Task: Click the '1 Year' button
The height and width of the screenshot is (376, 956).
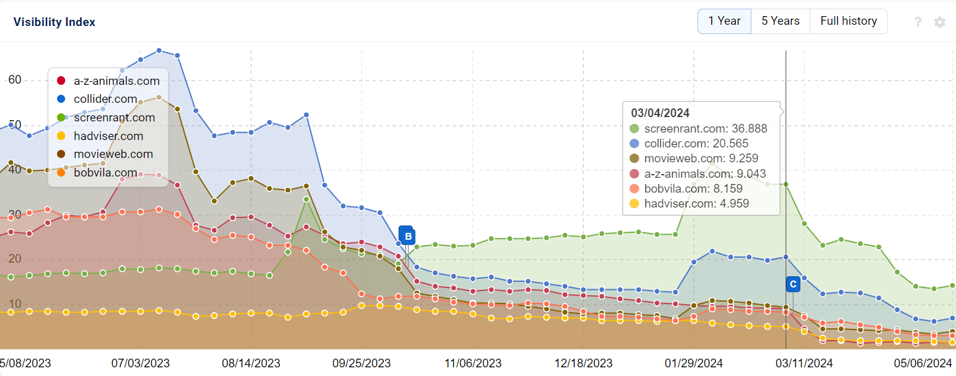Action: point(724,21)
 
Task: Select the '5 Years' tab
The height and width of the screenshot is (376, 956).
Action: point(781,21)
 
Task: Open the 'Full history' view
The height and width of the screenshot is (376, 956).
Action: point(848,21)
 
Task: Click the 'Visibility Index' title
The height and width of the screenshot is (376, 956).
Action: point(55,22)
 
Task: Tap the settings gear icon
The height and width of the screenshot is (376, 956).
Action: point(940,22)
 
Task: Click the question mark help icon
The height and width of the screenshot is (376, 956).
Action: point(918,22)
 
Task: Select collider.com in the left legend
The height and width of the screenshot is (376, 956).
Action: point(105,99)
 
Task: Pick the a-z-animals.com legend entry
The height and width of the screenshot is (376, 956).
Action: point(116,81)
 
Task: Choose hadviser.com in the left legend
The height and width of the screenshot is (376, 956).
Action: point(108,136)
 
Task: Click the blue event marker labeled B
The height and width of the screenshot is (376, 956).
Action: point(407,236)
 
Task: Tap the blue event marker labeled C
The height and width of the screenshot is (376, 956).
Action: point(793,284)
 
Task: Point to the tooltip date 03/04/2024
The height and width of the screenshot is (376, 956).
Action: point(660,113)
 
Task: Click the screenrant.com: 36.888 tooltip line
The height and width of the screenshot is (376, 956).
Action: point(705,129)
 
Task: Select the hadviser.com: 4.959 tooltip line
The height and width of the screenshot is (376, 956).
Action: point(696,203)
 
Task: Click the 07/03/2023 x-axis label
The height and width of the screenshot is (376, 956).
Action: point(141,363)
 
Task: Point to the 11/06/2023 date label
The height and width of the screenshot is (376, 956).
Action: point(473,363)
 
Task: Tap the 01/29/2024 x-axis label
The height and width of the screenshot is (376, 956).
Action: point(694,363)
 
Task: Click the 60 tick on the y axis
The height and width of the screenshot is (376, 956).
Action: point(15,80)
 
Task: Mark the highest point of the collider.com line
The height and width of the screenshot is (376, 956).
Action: point(159,50)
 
